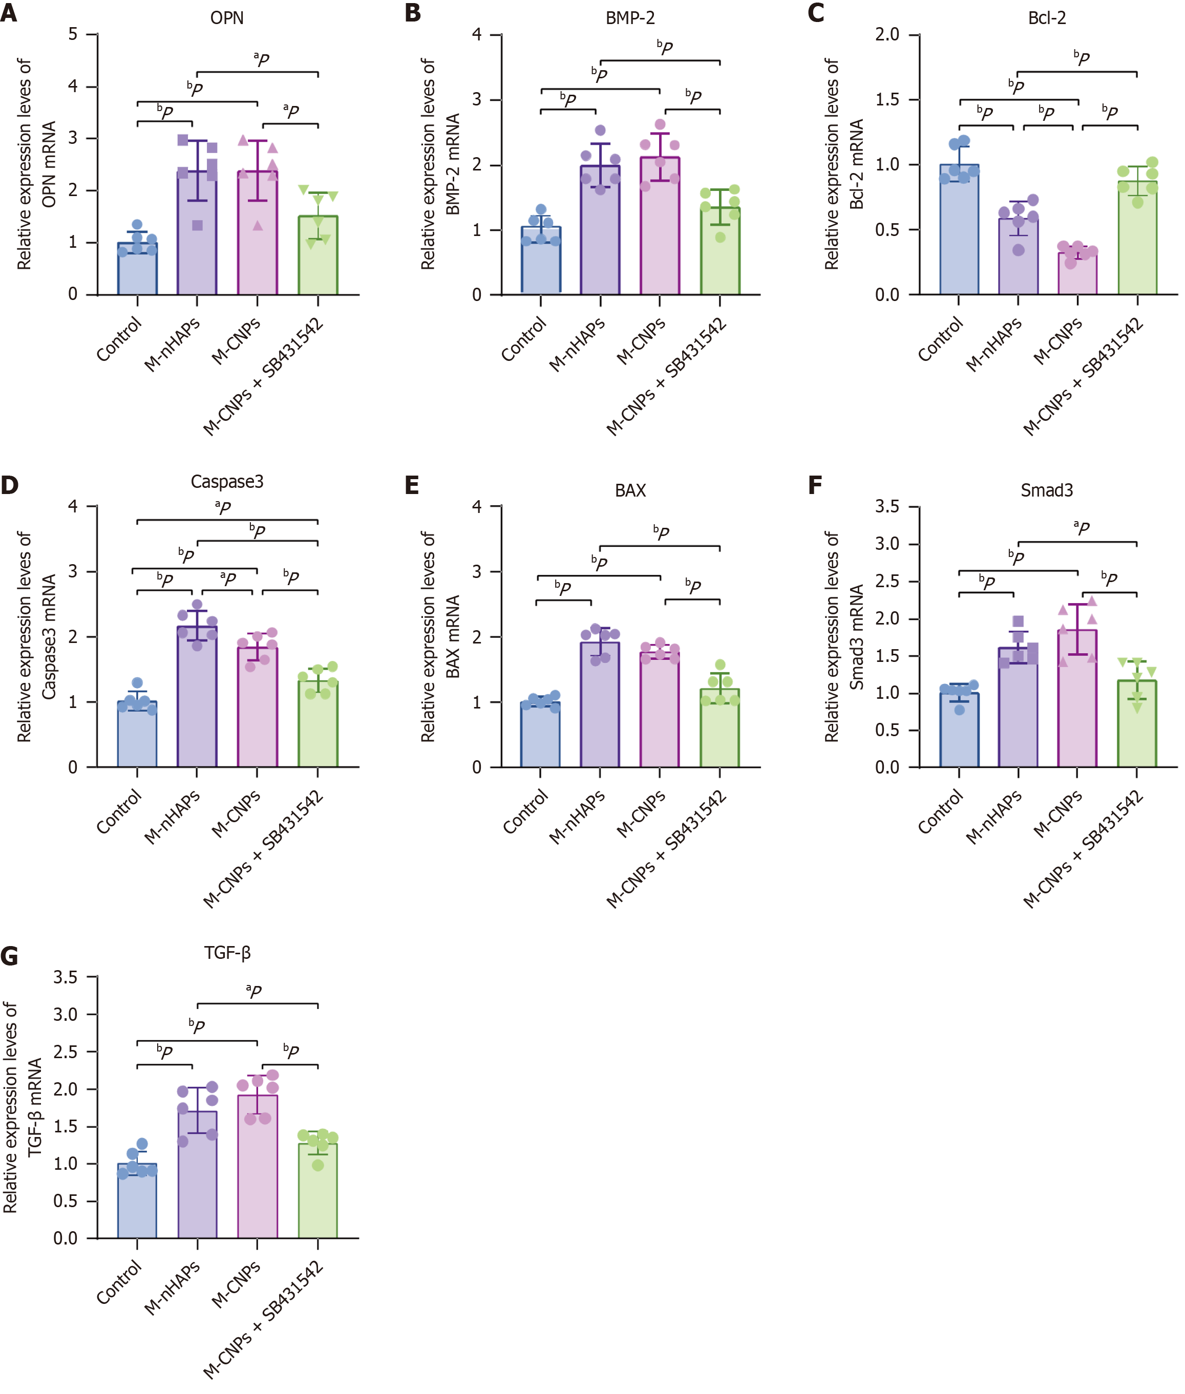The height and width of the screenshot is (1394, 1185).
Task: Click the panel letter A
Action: point(9,13)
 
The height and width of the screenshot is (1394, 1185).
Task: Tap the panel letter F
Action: point(816,485)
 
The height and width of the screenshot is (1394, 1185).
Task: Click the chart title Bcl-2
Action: point(1047,18)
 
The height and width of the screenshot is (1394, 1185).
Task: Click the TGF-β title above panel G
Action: point(227,953)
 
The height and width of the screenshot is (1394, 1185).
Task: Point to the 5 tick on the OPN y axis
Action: point(73,34)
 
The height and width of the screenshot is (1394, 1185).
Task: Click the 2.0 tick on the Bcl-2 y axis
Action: point(887,34)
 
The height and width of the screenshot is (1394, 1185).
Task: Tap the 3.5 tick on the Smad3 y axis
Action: point(887,506)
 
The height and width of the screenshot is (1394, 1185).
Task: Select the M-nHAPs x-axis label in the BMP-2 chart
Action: point(577,344)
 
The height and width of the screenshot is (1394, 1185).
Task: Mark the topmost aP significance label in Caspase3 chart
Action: point(223,507)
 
